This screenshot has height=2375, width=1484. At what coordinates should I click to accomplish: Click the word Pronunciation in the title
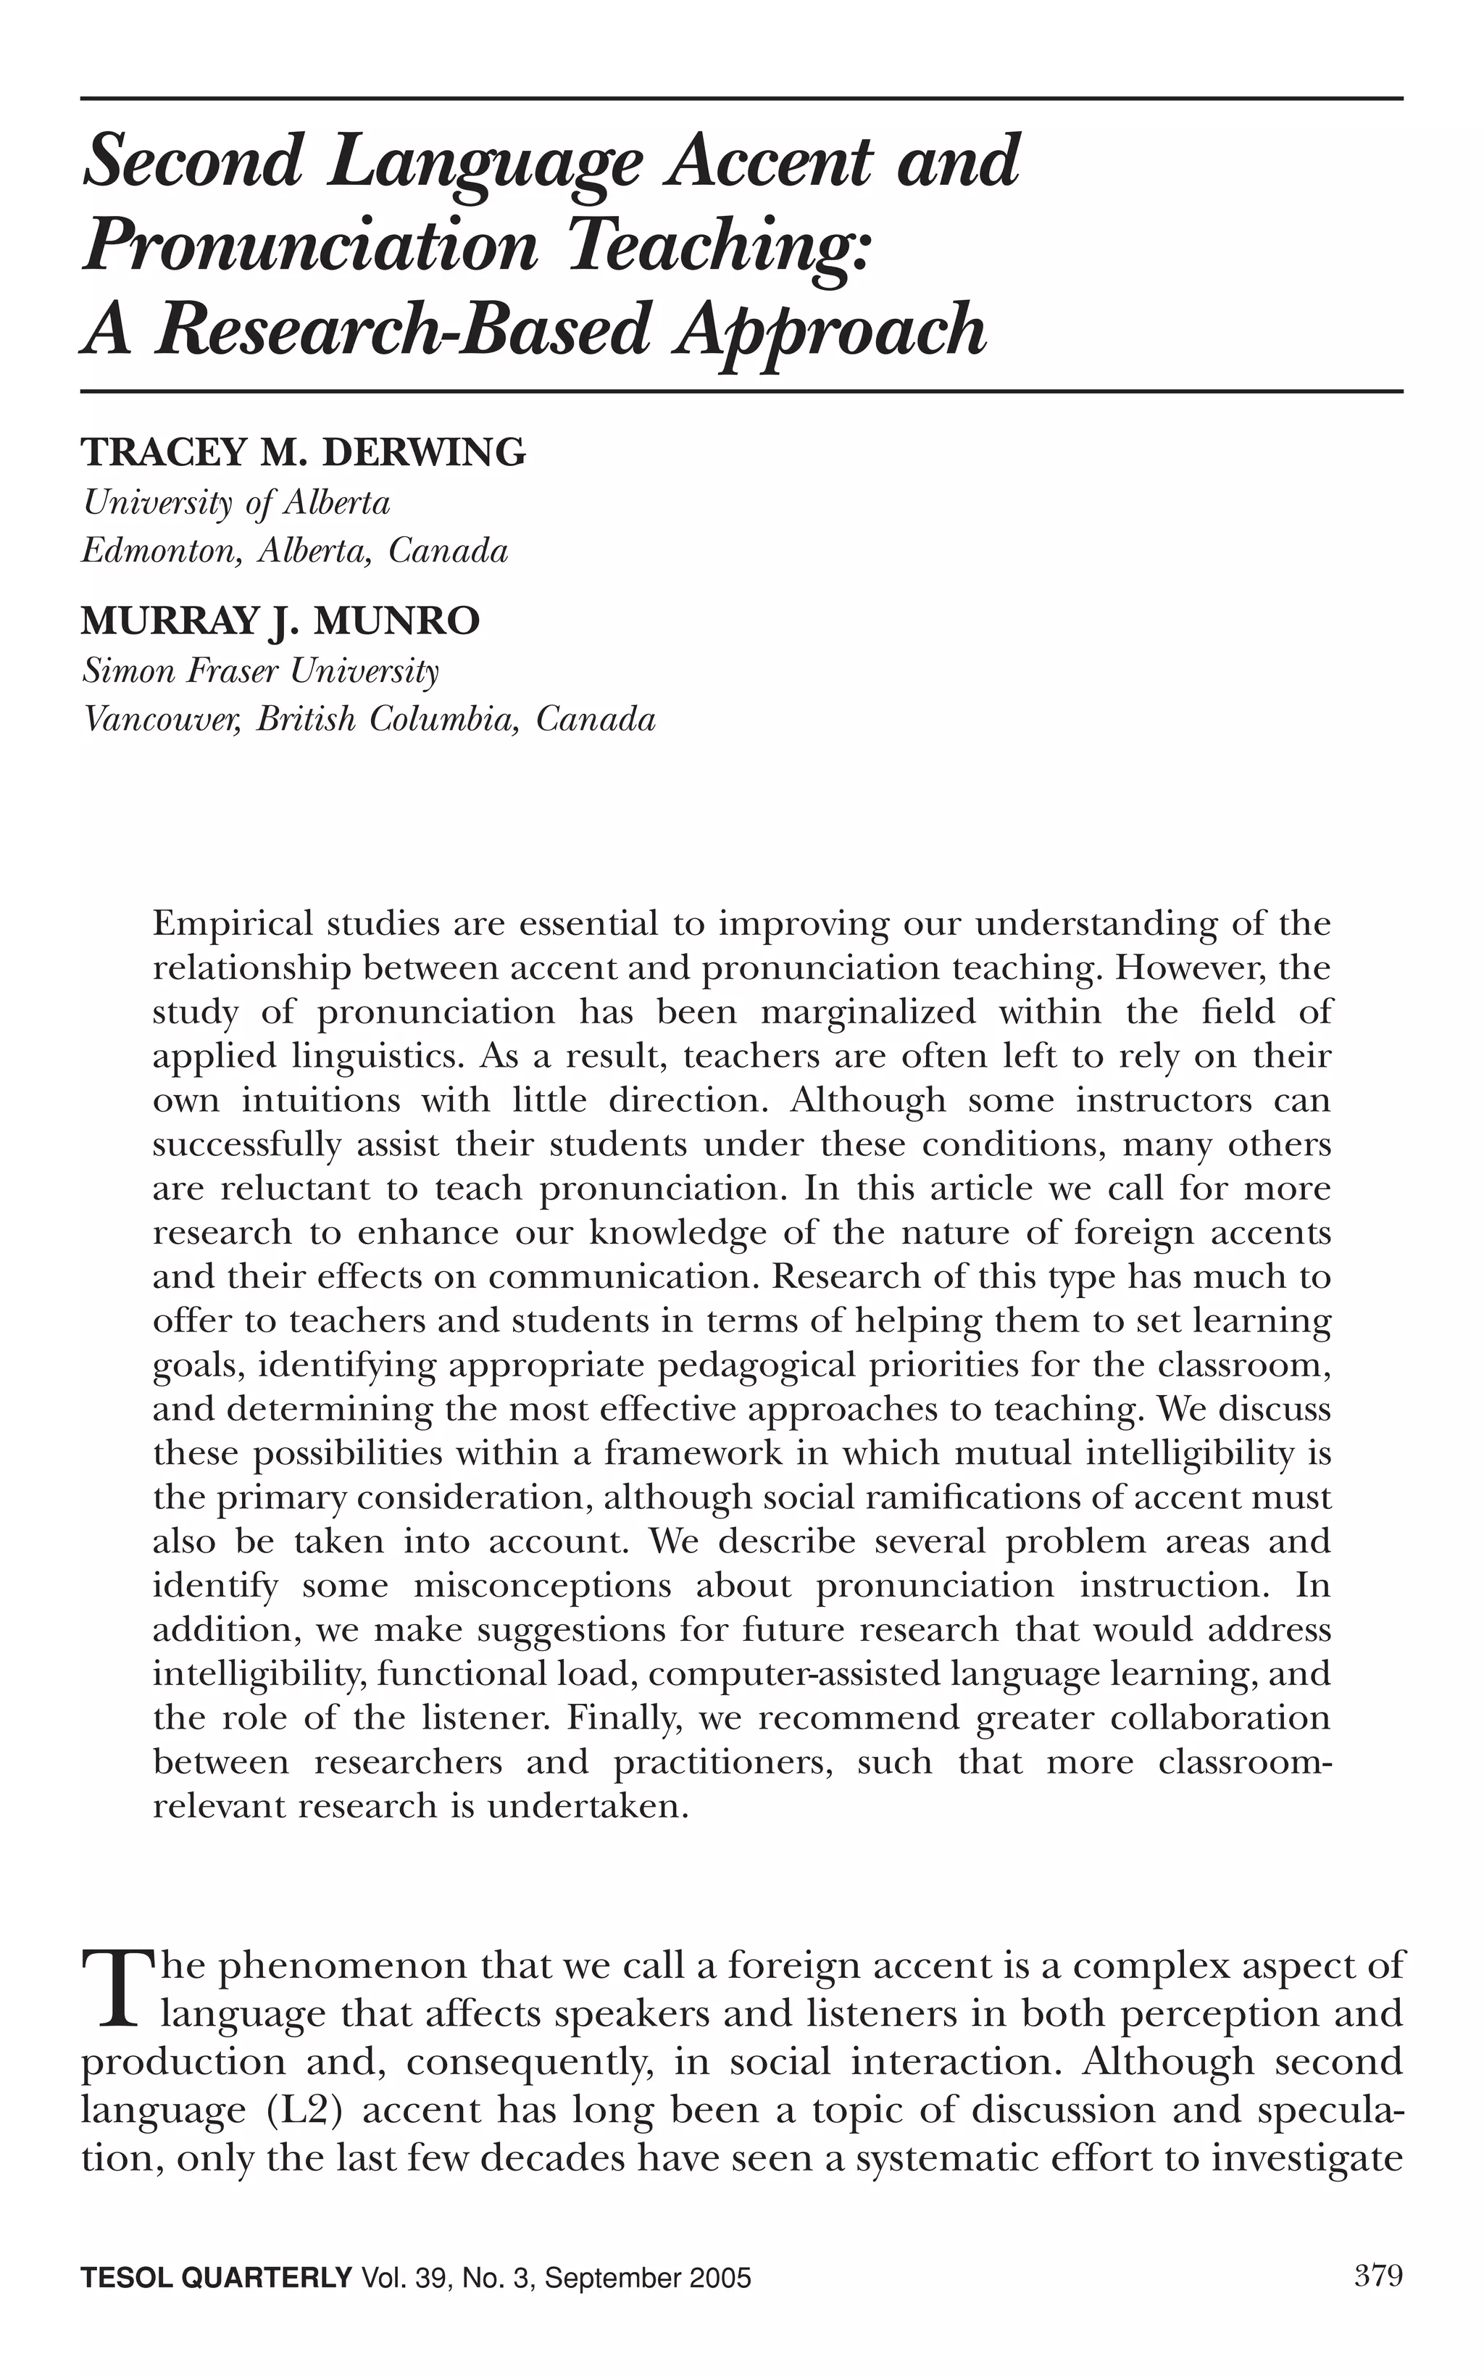[310, 247]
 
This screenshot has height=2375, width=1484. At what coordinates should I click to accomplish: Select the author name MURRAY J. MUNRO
[280, 621]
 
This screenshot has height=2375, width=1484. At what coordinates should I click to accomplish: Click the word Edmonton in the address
[161, 551]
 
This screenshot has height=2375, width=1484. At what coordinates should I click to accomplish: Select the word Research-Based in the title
[401, 330]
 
